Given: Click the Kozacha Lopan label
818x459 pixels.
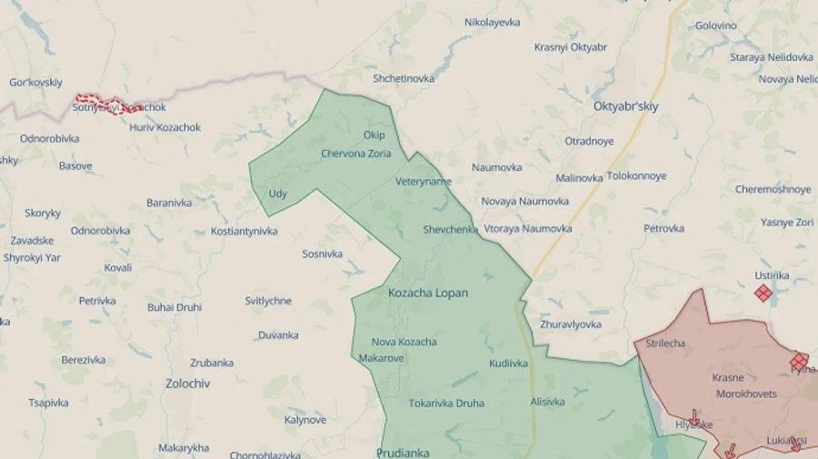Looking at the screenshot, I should [428, 294].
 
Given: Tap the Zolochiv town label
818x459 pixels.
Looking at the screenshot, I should [188, 384].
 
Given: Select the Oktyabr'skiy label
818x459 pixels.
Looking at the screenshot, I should [625, 106].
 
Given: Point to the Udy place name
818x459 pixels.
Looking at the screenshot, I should [277, 194].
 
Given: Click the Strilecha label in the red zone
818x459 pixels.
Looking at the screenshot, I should [665, 344].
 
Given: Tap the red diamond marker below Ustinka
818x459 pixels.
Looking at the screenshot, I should [763, 293].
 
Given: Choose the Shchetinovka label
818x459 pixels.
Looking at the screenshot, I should [404, 78].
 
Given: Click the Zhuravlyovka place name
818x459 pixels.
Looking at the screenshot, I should [571, 324].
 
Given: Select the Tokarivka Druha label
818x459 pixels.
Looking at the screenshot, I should [446, 403].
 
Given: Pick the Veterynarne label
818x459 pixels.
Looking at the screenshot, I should [424, 182].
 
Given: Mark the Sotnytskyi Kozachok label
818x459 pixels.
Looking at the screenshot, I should [120, 107].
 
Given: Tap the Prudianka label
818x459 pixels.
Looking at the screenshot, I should [403, 452].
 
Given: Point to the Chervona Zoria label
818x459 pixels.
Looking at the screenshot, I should [356, 154].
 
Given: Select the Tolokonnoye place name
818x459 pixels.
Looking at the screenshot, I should [636, 175].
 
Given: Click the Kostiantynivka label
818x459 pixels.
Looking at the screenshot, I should [244, 232].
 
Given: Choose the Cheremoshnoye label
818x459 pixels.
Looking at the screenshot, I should [773, 189].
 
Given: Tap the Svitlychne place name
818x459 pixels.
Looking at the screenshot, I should [268, 301].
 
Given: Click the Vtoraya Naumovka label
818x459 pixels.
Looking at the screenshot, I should [528, 229].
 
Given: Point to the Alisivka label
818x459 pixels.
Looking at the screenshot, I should [547, 402].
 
